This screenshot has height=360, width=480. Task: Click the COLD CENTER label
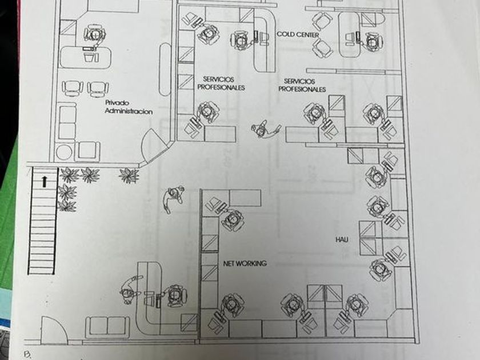[x=298, y=35]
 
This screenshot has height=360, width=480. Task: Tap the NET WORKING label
[x=245, y=263]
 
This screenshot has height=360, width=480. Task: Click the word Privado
[x=117, y=103]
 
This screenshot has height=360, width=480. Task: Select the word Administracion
[x=129, y=111]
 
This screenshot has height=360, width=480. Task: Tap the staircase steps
[x=42, y=234]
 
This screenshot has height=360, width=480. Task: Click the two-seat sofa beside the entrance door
[x=107, y=326]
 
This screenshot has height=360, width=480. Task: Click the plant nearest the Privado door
[x=128, y=175]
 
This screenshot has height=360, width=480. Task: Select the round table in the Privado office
[x=65, y=152]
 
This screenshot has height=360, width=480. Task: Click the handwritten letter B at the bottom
[x=26, y=354]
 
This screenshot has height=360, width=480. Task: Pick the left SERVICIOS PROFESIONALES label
[x=221, y=83]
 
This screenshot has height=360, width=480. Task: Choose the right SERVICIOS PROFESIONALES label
[x=302, y=85]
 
